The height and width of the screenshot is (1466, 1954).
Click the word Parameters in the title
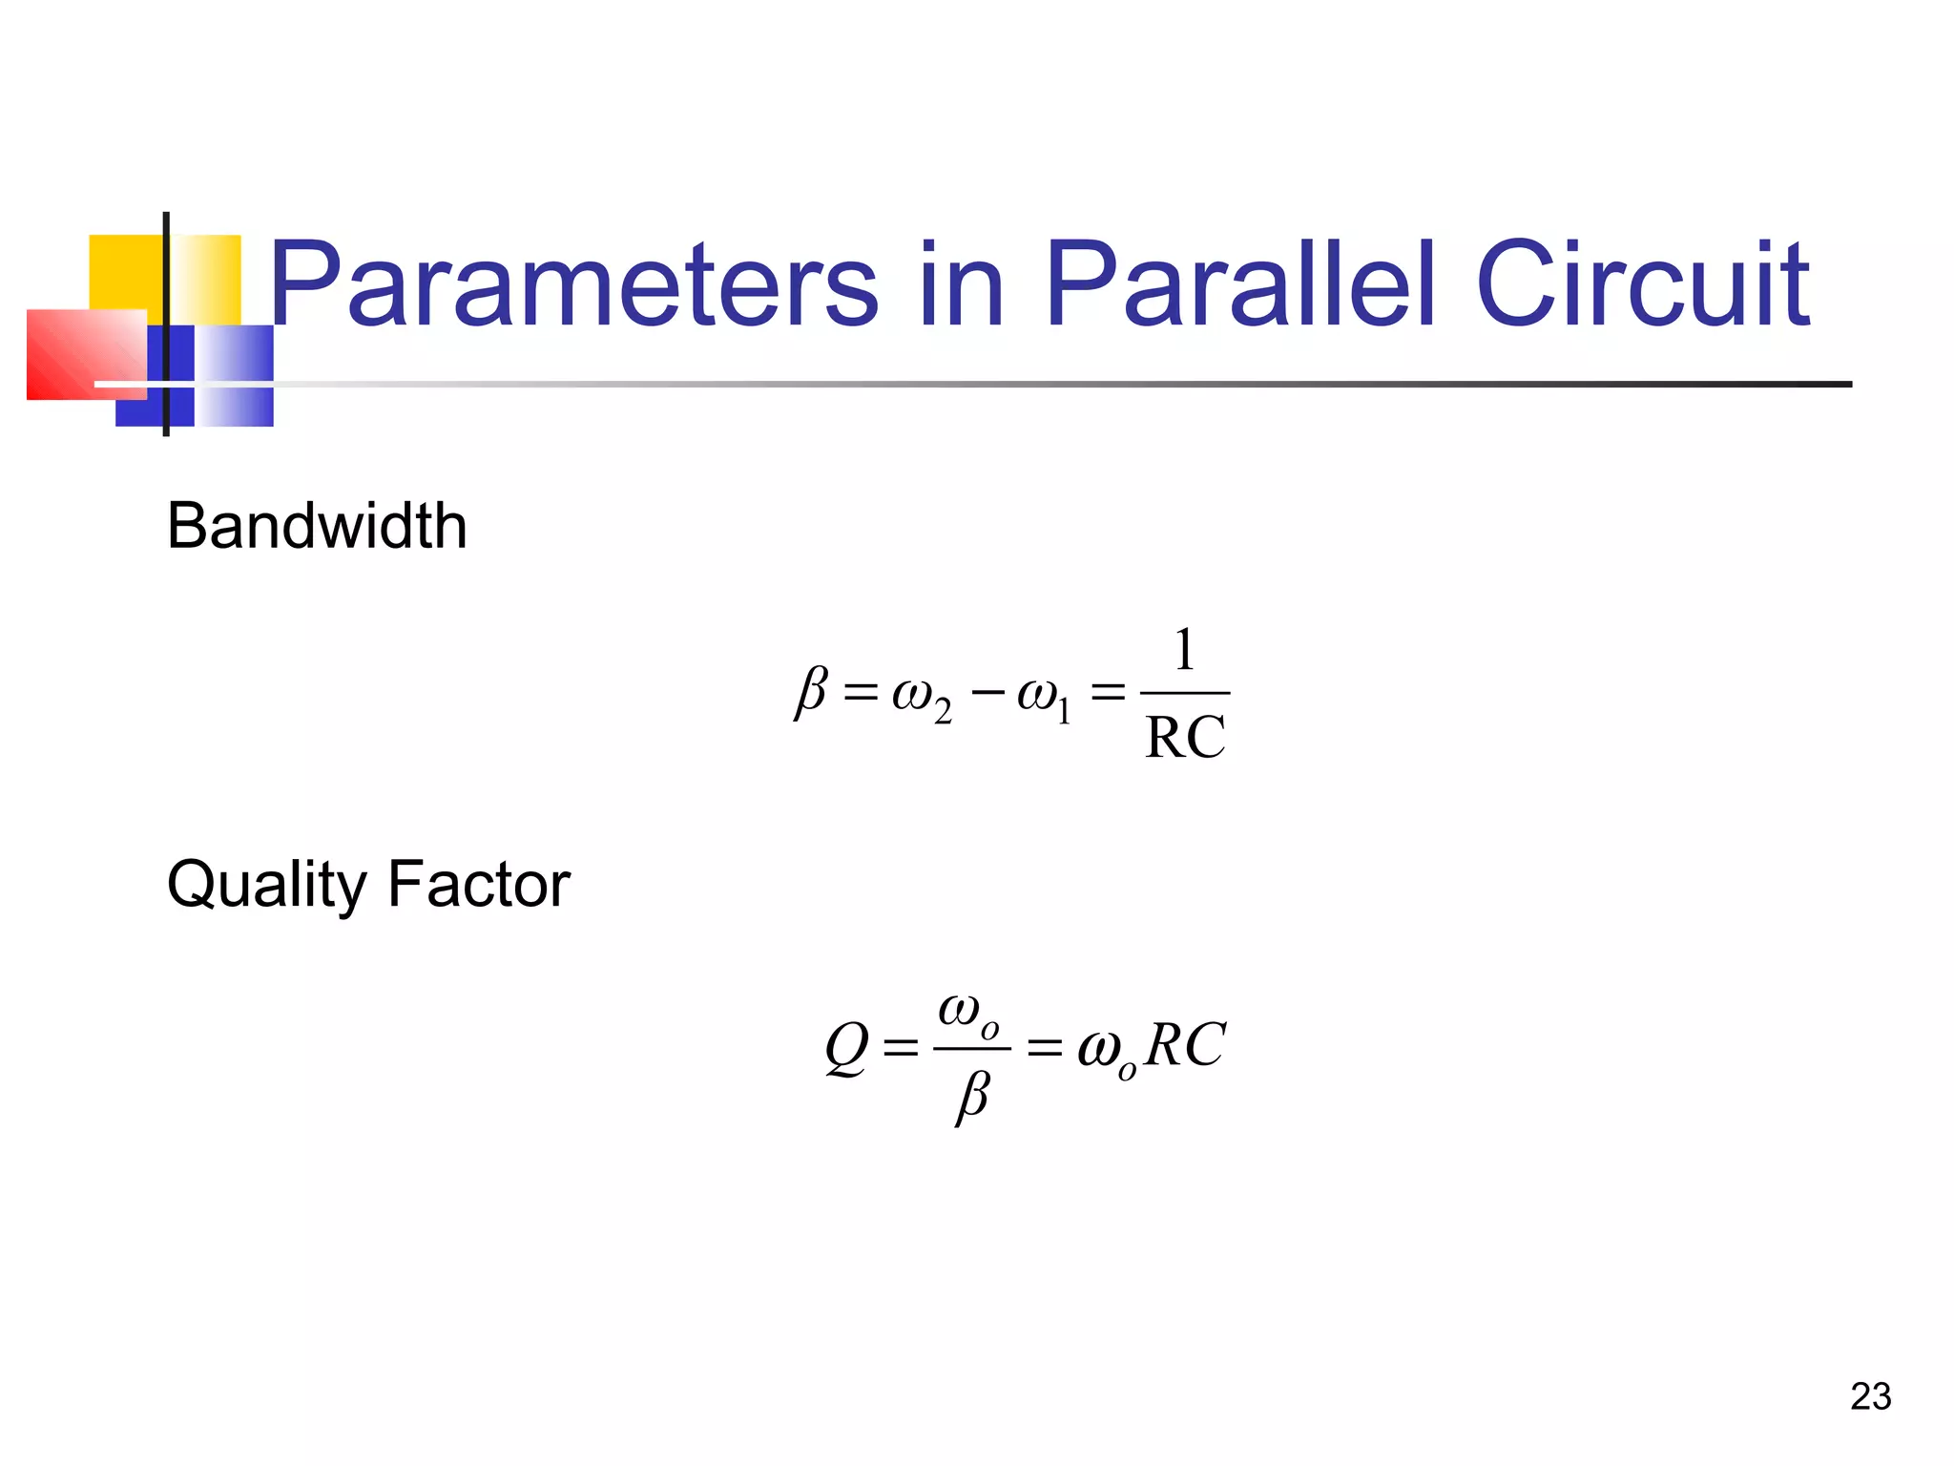coord(573,284)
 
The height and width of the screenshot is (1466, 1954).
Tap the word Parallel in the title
coord(1240,284)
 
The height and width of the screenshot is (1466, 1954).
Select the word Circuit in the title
coord(1642,284)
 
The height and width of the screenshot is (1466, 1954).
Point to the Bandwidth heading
coord(317,526)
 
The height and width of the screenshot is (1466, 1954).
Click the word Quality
coord(266,886)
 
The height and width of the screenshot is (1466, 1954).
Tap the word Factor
coord(479,884)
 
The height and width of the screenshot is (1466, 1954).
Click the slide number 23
coord(1870,1396)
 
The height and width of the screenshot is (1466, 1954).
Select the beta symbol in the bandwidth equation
coord(811,691)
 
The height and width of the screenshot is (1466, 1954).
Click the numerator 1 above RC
coord(1184,650)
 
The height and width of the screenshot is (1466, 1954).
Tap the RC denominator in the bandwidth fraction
coord(1185,738)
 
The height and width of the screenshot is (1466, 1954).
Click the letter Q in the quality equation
coord(847,1048)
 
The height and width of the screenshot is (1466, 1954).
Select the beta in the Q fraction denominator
coord(972,1097)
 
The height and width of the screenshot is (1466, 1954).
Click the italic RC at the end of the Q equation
coord(1185,1045)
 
